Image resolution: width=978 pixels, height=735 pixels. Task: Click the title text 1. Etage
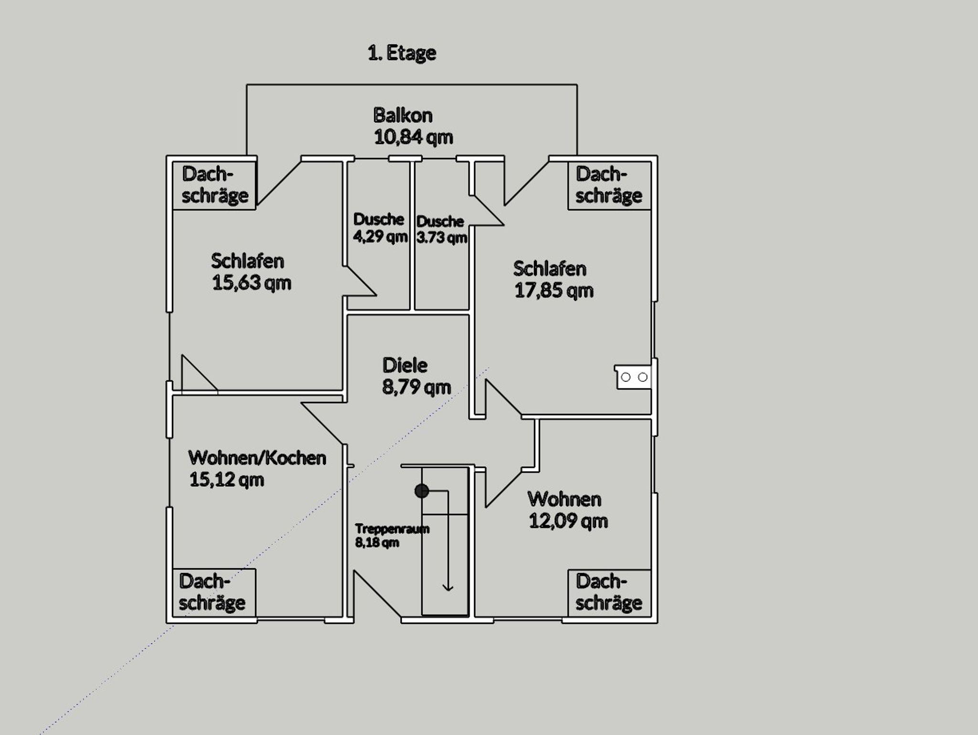click(x=402, y=53)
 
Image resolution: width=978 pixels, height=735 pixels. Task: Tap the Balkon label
click(x=403, y=115)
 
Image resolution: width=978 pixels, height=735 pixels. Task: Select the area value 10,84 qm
click(x=413, y=137)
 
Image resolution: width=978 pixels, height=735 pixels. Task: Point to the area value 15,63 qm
click(x=251, y=283)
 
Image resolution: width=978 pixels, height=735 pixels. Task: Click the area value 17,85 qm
click(x=553, y=291)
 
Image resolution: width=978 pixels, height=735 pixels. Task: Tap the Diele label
click(x=405, y=366)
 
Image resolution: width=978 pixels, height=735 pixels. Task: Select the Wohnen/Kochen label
click(x=257, y=458)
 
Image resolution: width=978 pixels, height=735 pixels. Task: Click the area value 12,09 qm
click(x=568, y=521)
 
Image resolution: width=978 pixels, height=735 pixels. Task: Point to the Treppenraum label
click(x=392, y=529)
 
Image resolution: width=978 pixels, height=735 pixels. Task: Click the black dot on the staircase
click(x=421, y=491)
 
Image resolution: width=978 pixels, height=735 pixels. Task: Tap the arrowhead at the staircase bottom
click(x=447, y=587)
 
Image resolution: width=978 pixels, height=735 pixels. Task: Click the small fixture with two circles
click(x=633, y=378)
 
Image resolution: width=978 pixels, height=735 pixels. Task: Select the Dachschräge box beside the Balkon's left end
click(x=214, y=185)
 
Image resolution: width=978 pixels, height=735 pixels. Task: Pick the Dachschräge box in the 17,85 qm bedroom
click(x=609, y=185)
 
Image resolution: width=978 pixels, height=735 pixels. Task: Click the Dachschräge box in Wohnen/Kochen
click(x=213, y=593)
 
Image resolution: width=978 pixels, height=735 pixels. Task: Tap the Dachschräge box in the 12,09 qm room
click(x=609, y=593)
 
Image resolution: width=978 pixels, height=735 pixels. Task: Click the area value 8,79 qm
click(x=416, y=387)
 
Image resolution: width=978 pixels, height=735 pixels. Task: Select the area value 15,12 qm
click(x=226, y=480)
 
